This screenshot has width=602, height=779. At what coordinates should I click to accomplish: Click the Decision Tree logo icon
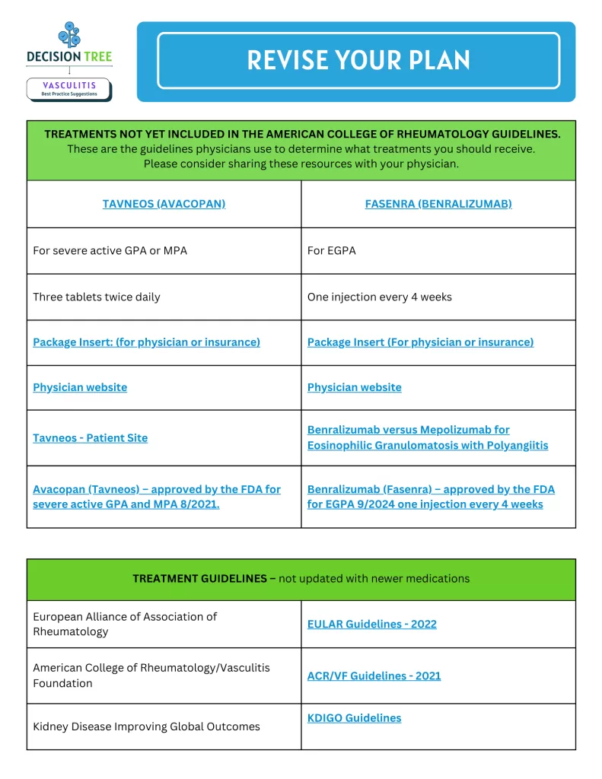68,35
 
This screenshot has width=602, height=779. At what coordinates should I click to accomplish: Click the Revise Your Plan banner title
358,60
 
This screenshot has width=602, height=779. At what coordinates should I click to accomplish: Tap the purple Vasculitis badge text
69,86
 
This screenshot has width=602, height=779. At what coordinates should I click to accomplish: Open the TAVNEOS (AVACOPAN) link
164,204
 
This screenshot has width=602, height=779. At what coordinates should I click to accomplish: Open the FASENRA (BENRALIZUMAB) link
438,204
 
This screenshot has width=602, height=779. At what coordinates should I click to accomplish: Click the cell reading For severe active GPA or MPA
110,250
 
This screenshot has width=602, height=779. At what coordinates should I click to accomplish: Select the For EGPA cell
332,250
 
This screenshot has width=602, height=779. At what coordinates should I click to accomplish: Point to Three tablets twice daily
97,297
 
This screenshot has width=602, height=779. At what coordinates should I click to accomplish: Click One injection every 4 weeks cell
380,297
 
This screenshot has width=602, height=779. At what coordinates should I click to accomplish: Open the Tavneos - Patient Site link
91,437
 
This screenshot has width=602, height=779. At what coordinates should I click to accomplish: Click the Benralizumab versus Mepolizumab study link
427,437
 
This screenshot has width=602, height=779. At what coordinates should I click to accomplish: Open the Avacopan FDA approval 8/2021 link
156,497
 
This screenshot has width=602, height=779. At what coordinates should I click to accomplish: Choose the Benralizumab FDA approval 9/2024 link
431,497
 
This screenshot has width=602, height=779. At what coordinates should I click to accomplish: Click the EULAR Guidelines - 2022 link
372,624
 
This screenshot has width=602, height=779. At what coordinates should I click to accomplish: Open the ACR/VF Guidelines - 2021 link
374,676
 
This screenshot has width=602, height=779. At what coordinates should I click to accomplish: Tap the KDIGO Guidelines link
354,717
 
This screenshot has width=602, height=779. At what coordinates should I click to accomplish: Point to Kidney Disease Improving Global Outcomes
146,727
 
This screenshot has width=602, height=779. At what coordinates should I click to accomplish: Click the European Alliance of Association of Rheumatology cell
125,624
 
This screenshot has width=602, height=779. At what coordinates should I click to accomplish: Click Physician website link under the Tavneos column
80,387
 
